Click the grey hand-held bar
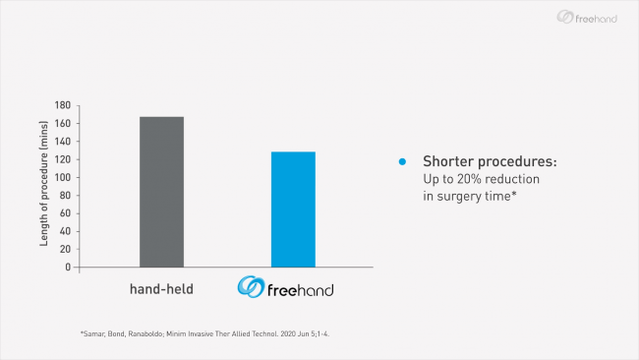161,192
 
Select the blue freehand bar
293,210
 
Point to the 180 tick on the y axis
63,105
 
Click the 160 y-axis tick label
63,124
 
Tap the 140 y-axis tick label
63,142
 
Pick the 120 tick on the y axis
63,159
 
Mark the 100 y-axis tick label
63,177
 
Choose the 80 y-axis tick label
65,195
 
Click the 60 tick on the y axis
65,213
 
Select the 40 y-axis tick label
65,231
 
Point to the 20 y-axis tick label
65,249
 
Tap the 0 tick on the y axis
68,267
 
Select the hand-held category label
161,289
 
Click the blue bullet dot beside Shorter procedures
401,161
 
